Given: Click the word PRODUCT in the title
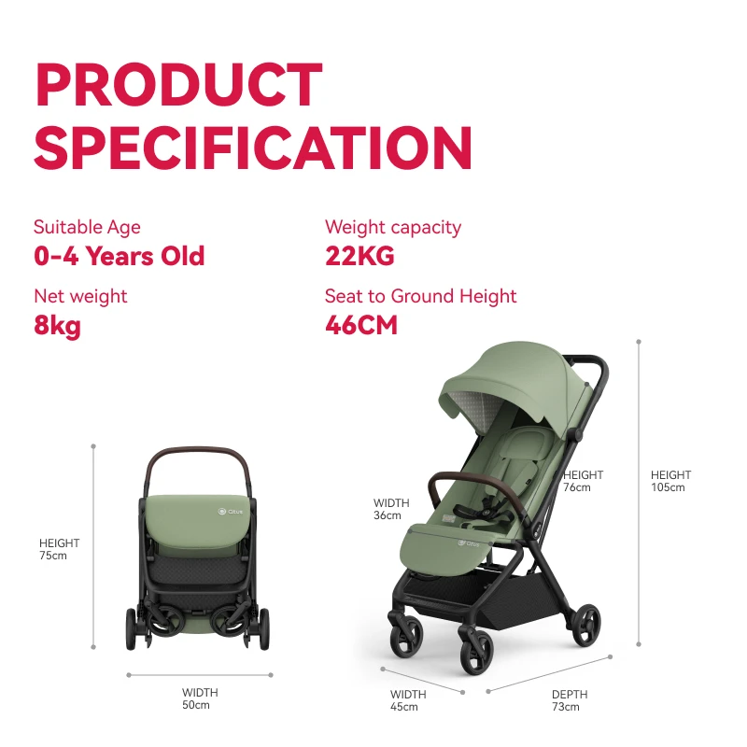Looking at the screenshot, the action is [x=179, y=84].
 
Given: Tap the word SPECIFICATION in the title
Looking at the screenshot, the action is [x=253, y=148].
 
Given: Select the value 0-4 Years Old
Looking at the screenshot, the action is [x=120, y=256].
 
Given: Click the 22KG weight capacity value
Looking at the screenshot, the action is [x=359, y=256].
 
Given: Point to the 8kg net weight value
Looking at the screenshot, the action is [x=57, y=326].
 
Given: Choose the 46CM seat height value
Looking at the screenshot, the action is [x=361, y=325].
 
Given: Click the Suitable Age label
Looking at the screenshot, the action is [x=87, y=227].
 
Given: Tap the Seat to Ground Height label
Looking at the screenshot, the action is [x=421, y=296].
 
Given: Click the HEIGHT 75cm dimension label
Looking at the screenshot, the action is [x=59, y=549].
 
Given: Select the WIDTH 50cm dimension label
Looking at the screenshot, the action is [x=200, y=698].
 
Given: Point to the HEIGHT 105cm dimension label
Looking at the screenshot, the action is [x=670, y=481].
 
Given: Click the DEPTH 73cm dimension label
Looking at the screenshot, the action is [x=570, y=700].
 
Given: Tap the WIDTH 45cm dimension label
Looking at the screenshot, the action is [x=408, y=700].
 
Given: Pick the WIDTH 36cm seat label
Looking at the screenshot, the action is [x=391, y=509].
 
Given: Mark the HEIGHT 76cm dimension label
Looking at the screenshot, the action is [x=583, y=481].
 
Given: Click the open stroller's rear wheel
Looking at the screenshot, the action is [x=585, y=626].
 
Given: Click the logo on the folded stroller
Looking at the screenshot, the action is [x=230, y=512].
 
